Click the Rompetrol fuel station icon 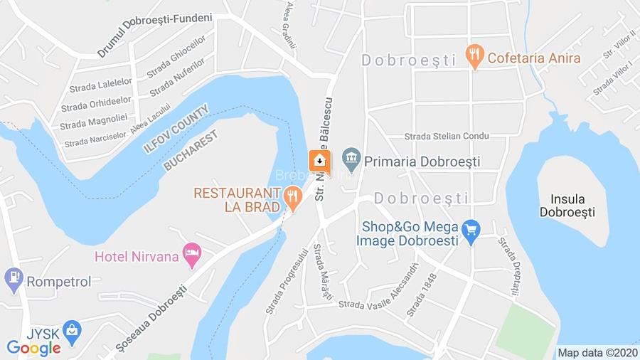click(14, 280)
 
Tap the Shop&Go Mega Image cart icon click(470, 231)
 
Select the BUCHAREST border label click(190, 149)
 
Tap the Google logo click(33, 349)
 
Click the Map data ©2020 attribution click(597, 352)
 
